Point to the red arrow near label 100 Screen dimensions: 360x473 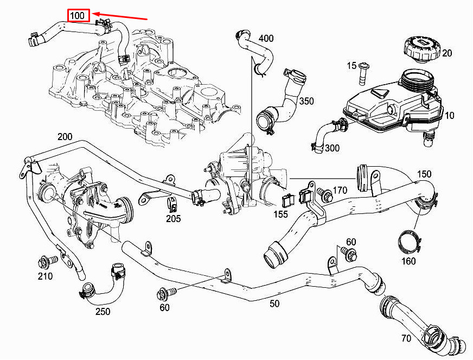120,17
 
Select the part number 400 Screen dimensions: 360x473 266,39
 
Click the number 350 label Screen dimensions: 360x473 307,102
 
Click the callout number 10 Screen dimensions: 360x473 450,116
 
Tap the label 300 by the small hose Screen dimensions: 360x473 332,148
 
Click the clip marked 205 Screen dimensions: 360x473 172,206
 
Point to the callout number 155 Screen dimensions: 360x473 280,214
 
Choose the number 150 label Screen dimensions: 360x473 424,174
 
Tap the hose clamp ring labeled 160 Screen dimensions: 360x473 410,243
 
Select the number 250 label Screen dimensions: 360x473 103,311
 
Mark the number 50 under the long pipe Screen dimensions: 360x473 274,304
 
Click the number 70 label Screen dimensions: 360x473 406,339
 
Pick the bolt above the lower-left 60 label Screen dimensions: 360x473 163,294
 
